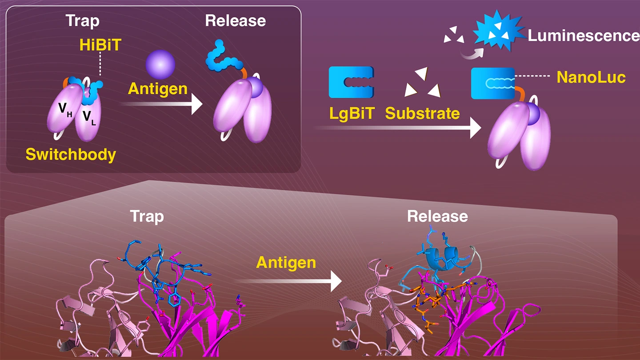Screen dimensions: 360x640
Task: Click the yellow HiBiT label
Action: pyautogui.click(x=100, y=45)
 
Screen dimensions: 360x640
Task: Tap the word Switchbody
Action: pyautogui.click(x=71, y=154)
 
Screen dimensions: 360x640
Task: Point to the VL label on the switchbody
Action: pyautogui.click(x=89, y=117)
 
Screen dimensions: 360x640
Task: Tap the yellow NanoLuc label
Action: pyautogui.click(x=591, y=77)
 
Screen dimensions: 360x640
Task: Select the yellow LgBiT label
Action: pyautogui.click(x=350, y=113)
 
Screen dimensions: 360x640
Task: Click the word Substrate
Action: pyautogui.click(x=422, y=113)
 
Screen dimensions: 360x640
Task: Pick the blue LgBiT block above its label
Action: pyautogui.click(x=350, y=82)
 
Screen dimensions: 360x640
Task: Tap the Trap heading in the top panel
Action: pyautogui.click(x=83, y=20)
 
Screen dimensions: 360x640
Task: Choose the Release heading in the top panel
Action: pyautogui.click(x=235, y=20)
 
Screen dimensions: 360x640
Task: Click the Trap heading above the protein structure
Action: pyautogui.click(x=147, y=216)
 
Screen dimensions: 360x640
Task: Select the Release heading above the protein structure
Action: pyautogui.click(x=437, y=216)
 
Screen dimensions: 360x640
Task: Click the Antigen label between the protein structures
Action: pyautogui.click(x=286, y=262)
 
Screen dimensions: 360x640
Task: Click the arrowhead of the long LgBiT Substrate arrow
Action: pyautogui.click(x=475, y=128)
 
